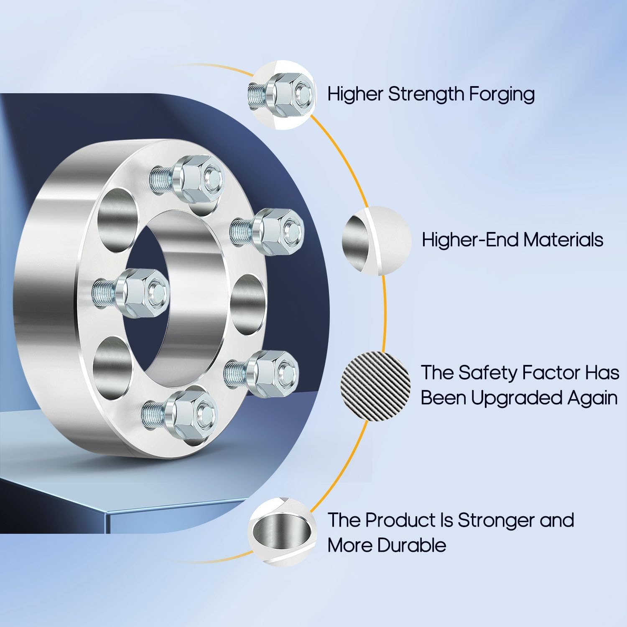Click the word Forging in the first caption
click(x=502, y=94)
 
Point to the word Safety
click(x=488, y=372)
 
